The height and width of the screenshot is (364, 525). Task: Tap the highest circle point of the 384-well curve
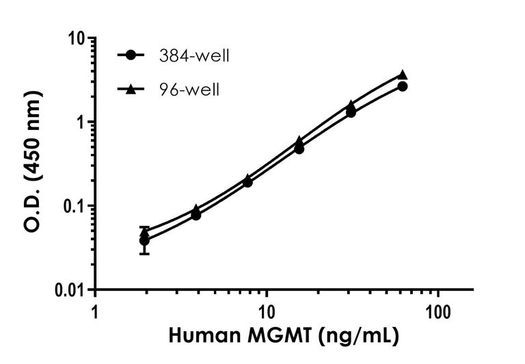coord(403,86)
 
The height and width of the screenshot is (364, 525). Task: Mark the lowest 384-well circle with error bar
coord(144,241)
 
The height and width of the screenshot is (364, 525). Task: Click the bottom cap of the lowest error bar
coord(144,254)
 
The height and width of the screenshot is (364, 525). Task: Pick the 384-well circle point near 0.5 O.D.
coord(299,148)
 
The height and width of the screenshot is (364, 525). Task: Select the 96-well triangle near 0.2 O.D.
coord(247,178)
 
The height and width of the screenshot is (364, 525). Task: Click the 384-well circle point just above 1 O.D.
coord(351,112)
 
